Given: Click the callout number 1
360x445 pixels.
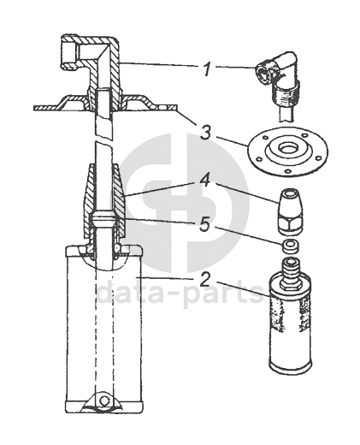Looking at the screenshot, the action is pos(207,68).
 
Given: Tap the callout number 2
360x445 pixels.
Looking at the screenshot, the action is pos(205,280).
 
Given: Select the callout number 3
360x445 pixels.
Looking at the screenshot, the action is pos(205,133).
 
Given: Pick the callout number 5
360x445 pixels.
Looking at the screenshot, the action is pos(205,224).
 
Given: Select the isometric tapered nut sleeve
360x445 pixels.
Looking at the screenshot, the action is pos(290,212).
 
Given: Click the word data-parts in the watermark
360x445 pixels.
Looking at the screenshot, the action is pos(180,292).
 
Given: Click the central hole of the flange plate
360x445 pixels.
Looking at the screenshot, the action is pos(287,147).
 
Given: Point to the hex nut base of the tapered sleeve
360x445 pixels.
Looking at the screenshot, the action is pos(290,228).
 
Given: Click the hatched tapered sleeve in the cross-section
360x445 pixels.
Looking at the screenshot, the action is pos(104,199).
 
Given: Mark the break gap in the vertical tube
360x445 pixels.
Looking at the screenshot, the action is pos(104,139).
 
